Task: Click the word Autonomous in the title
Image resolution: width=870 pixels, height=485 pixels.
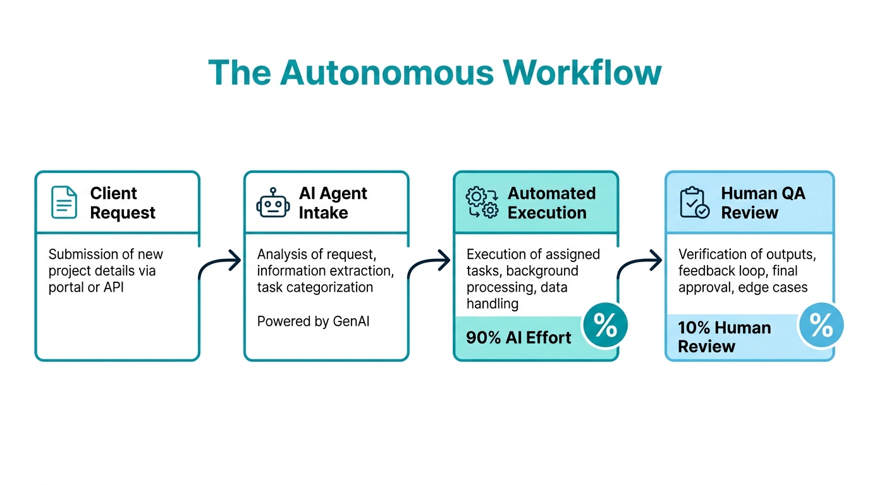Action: pos(386,73)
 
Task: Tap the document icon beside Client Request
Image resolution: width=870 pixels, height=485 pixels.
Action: pos(64,203)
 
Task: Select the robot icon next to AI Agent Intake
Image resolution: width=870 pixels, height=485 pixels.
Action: pos(273,203)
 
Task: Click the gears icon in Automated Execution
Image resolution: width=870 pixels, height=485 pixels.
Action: pos(482,203)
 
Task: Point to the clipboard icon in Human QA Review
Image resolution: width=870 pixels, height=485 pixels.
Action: pos(694,203)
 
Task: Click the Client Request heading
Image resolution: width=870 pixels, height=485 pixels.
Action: pos(122,203)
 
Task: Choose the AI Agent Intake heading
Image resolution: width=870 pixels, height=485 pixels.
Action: pos(333,203)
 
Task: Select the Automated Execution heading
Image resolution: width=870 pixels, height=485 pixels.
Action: pos(551,203)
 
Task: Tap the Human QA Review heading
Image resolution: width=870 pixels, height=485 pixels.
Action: pos(763,203)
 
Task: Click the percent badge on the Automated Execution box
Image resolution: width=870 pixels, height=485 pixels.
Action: pos(604,326)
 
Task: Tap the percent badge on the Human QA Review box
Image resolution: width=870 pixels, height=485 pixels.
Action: pos(821,326)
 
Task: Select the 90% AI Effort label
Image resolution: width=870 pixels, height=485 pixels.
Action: pos(518,338)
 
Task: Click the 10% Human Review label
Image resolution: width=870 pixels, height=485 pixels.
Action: pos(724,337)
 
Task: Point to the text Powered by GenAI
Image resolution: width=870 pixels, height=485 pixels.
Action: pos(313,321)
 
